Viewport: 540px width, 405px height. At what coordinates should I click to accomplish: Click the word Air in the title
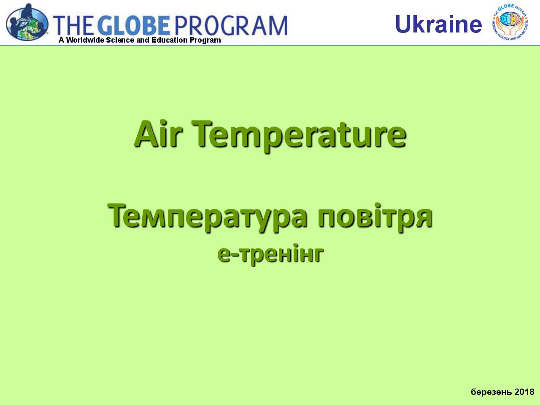pyautogui.click(x=158, y=134)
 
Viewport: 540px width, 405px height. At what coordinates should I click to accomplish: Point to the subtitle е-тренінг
pyautogui.click(x=270, y=254)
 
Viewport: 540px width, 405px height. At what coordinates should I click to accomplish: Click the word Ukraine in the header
pyautogui.click(x=438, y=24)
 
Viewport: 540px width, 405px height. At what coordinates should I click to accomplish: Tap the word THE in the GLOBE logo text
pyautogui.click(x=73, y=25)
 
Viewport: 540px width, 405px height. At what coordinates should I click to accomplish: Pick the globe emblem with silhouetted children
pyautogui.click(x=27, y=22)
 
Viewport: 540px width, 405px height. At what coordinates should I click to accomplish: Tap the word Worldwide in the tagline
pyautogui.click(x=85, y=40)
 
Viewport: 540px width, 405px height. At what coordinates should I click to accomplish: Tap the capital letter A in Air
pyautogui.click(x=146, y=134)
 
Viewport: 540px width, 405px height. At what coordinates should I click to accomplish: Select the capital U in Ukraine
pyautogui.click(x=403, y=24)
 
